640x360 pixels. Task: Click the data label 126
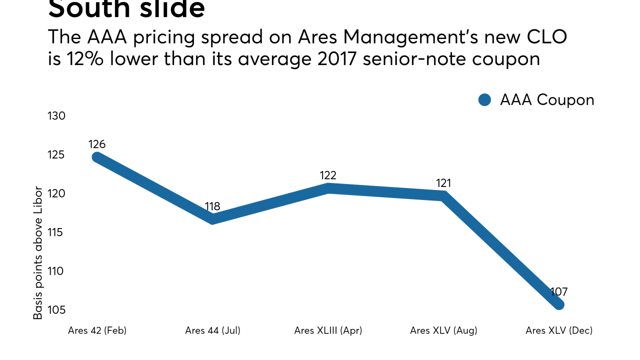97,144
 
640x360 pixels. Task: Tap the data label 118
212,206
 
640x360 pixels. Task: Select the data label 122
328,175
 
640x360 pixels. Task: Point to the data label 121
443,183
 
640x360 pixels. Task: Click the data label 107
559,292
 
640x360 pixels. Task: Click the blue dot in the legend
485,100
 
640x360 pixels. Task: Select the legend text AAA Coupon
547,100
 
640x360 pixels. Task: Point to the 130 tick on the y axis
56,116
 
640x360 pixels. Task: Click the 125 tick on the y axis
56,155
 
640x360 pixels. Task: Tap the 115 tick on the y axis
56,232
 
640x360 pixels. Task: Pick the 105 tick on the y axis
56,310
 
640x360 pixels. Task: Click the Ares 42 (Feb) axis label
97,330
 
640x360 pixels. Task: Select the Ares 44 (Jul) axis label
212,330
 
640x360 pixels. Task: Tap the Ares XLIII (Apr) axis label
328,330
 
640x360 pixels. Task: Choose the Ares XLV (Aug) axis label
443,330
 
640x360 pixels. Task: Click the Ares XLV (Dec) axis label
559,330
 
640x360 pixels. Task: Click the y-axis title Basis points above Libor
38,252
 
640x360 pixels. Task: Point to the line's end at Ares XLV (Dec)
559,304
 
